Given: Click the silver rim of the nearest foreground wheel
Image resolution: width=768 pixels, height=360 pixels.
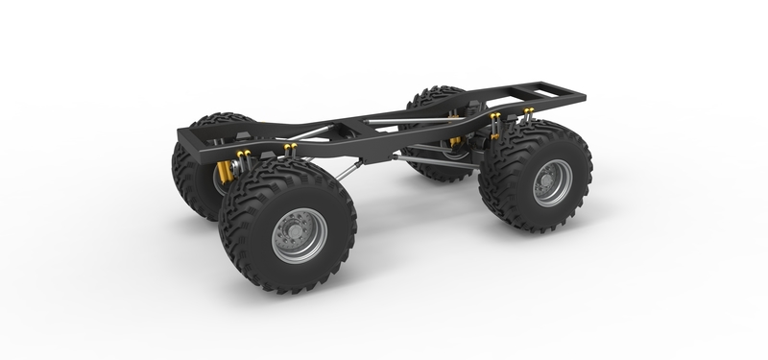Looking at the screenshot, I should pos(299,234).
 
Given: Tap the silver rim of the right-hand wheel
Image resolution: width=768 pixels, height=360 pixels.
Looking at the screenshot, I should pos(552,181).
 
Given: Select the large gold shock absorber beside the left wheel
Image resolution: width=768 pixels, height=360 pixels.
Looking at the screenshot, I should pos(225,172).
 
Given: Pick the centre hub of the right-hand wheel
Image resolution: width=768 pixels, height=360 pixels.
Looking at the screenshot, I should pos(550,181).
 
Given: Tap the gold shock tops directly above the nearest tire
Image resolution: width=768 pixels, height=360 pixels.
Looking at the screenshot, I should pos(290,148).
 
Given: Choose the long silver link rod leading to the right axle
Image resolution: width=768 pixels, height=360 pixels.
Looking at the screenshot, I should pos(442,163).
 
